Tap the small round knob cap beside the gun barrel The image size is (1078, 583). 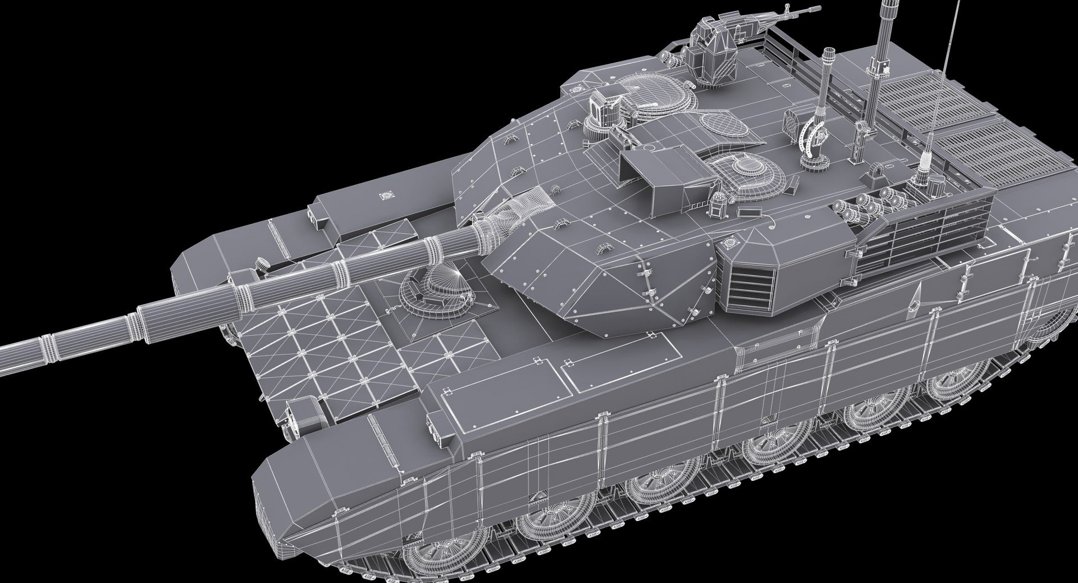pyautogui.click(x=260, y=263)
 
